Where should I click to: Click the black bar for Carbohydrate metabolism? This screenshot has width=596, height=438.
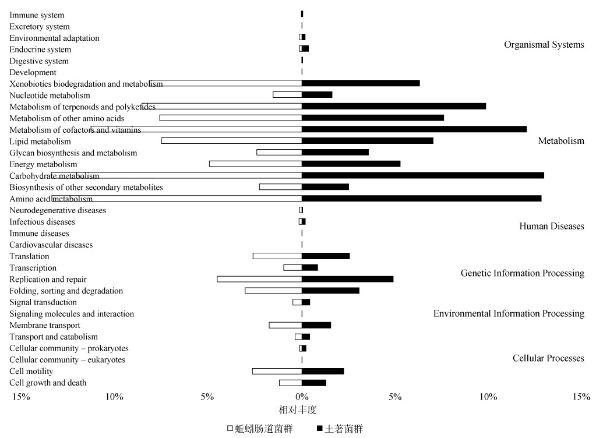422,175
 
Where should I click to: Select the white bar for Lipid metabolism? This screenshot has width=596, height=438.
231,141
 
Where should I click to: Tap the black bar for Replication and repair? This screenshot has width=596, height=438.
347,279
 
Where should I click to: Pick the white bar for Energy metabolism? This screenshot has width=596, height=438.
255,164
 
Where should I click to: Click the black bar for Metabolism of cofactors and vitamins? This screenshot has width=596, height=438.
414,129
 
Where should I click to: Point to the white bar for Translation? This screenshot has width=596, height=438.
277,256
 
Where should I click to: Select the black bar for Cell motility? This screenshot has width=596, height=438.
323,371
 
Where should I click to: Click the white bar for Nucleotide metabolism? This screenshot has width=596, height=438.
287,95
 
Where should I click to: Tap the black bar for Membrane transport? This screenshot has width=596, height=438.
316,325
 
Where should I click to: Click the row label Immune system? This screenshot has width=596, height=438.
37,15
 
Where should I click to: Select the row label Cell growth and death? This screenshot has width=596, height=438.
48,383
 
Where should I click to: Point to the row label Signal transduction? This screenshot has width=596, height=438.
43,302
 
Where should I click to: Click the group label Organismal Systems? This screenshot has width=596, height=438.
544,45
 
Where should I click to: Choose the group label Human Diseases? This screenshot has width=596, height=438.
551,226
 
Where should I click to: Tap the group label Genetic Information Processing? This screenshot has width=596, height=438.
522,273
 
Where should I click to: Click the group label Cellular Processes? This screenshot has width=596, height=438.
548,358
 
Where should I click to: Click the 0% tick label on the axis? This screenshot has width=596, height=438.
301,397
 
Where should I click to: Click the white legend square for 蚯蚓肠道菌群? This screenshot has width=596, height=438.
230,429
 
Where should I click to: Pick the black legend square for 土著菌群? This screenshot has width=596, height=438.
319,429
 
